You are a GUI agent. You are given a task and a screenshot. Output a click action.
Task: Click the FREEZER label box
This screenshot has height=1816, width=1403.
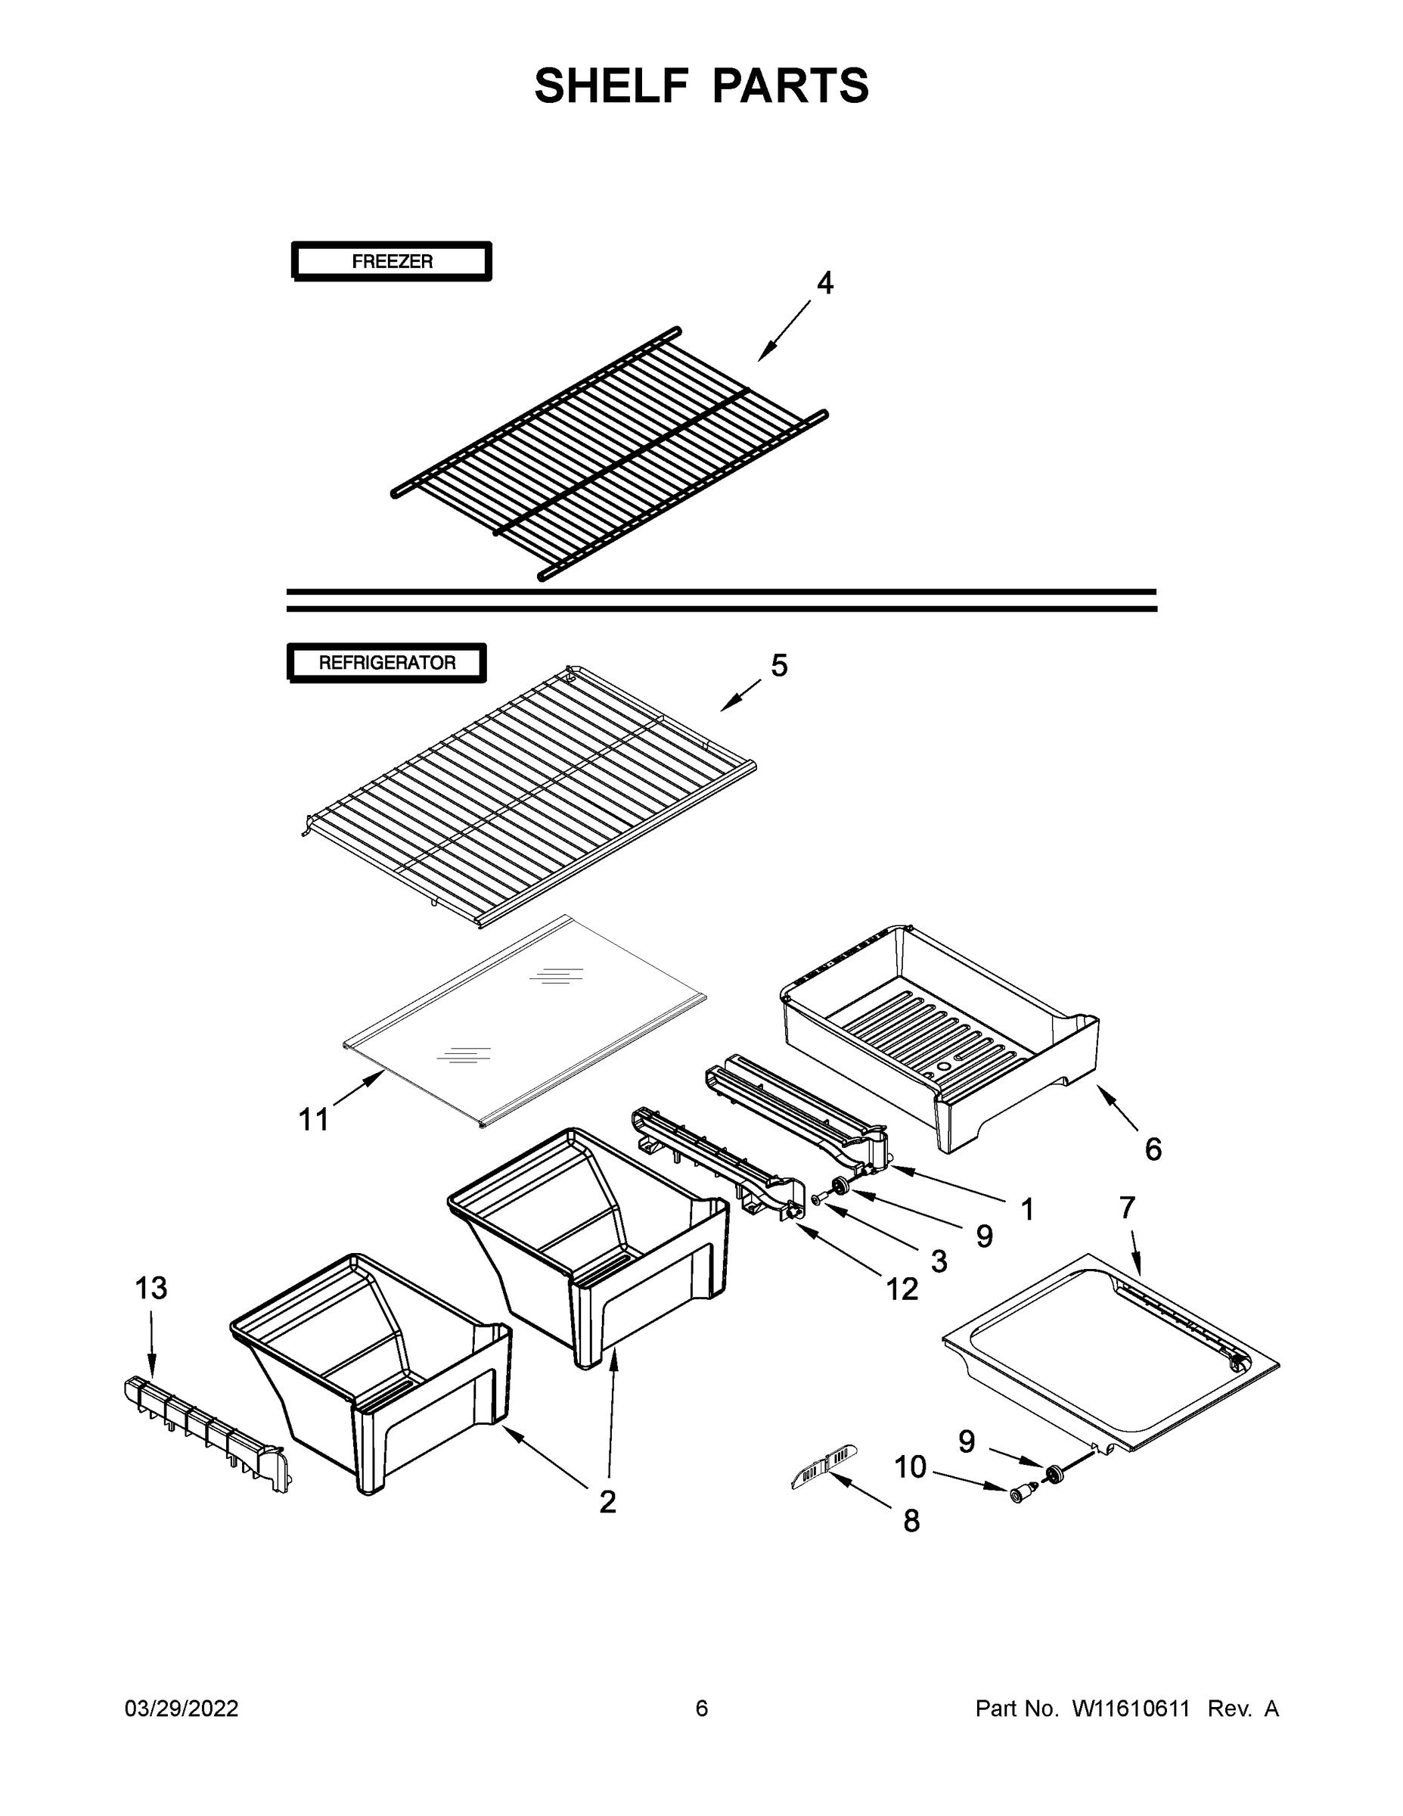pos(392,261)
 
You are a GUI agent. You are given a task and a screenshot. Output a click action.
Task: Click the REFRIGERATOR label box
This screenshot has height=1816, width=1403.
pos(386,663)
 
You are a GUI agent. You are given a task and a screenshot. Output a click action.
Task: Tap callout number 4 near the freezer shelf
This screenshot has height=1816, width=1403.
pos(824,284)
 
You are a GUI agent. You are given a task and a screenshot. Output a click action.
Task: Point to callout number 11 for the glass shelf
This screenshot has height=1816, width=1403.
pos(314,1120)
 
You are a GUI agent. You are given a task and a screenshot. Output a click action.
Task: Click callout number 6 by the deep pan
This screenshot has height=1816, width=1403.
pos(1153,1150)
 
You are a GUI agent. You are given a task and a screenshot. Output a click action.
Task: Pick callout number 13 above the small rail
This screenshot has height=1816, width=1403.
pos(151,1288)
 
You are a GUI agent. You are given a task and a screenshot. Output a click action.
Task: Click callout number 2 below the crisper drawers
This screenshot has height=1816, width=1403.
pos(607,1502)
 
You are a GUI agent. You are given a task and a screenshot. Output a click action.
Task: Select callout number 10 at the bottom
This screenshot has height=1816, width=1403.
pos(910,1468)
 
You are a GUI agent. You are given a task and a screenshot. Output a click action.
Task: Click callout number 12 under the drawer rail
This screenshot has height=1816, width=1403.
pos(902,1289)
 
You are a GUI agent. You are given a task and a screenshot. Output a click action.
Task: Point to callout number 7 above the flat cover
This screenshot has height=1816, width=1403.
pos(1127,1208)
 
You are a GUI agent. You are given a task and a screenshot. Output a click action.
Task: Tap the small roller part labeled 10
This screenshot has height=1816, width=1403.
pos(1020,1494)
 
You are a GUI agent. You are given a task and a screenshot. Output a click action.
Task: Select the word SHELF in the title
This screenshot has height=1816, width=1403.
pos(612,86)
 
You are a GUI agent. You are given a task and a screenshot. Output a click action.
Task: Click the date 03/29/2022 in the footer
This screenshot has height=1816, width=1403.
pos(182,1708)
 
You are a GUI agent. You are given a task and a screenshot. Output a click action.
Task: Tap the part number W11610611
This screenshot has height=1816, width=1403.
pos(1131,1708)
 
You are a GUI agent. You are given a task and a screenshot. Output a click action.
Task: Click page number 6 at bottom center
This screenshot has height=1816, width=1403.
pos(702,1708)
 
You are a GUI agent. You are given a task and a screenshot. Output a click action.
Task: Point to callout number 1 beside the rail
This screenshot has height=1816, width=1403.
pos(1027,1209)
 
